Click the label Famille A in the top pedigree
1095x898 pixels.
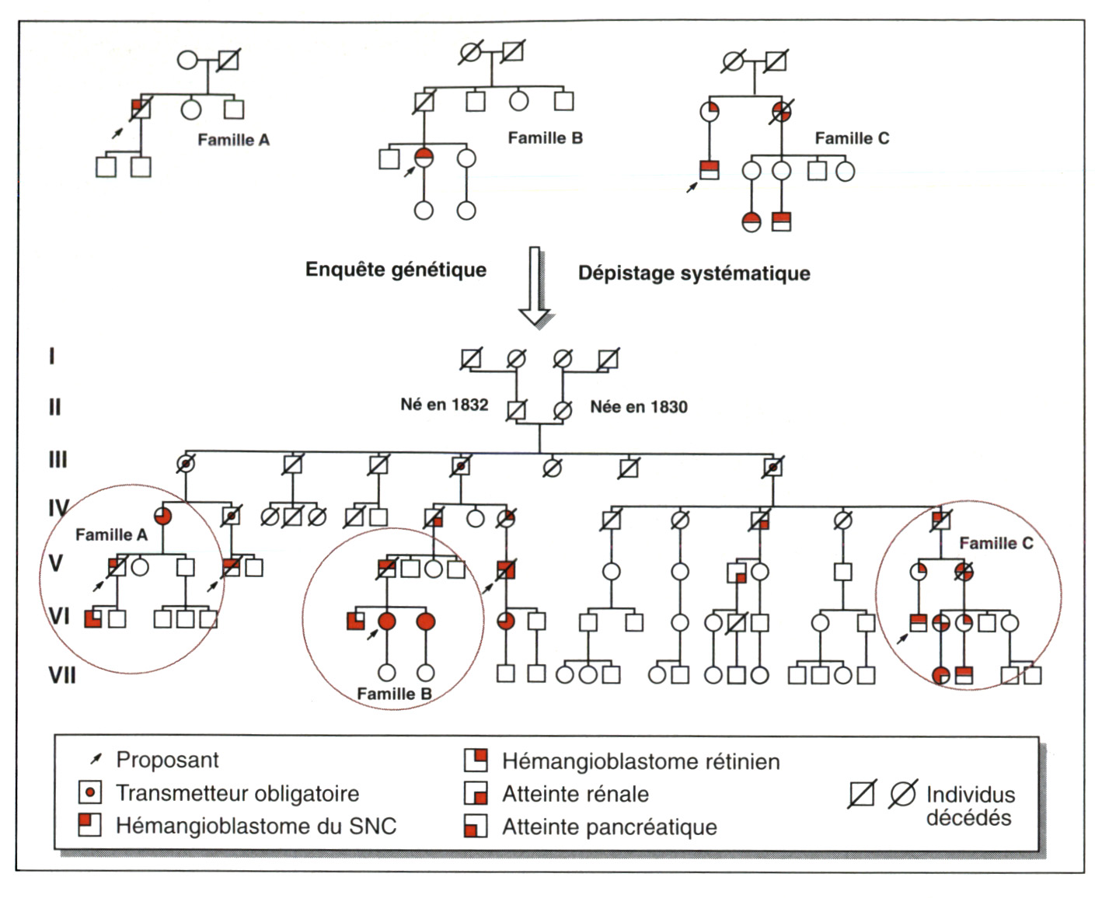(233, 141)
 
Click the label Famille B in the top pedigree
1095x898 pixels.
(545, 138)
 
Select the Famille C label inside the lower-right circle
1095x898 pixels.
(996, 543)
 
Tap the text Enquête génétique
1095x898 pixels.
(396, 270)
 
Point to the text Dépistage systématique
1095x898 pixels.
(694, 273)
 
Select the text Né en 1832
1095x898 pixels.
(444, 405)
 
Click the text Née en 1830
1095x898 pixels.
(638, 406)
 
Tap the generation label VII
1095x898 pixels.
(62, 675)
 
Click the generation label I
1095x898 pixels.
(52, 357)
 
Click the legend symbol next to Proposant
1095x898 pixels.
(96, 758)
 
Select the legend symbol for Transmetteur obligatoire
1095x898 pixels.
(90, 792)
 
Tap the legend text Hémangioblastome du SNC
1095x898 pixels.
(256, 826)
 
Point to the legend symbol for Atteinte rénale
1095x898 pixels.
(476, 793)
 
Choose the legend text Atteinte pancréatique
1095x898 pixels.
(609, 827)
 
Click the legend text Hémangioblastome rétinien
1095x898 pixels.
(640, 761)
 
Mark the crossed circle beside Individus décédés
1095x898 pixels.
(902, 793)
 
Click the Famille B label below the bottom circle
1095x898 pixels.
(394, 694)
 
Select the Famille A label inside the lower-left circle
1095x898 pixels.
(111, 534)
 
